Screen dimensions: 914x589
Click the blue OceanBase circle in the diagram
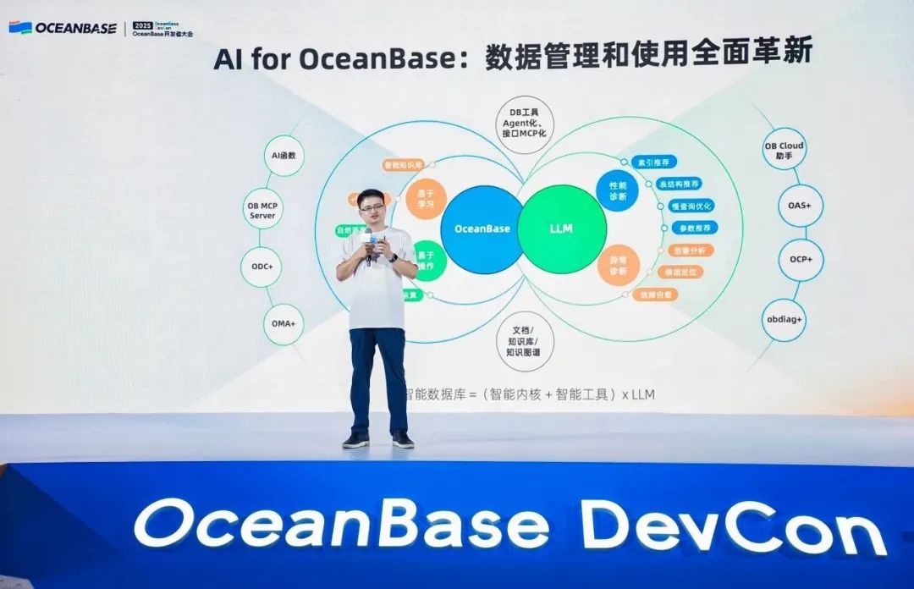coord(482,228)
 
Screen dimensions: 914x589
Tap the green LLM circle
coord(562,228)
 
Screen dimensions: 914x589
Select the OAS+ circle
coord(799,206)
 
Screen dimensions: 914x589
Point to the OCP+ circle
coord(799,260)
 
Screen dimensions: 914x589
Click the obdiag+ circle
coord(784,321)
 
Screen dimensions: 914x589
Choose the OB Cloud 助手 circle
coord(784,151)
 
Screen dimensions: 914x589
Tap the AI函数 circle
coord(284,157)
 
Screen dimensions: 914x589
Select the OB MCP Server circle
coord(262,211)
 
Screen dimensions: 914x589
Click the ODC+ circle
coord(262,267)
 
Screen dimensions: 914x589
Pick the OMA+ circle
coord(284,323)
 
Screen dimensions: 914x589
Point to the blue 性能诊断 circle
coord(618,190)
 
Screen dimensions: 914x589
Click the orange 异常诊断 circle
coord(618,265)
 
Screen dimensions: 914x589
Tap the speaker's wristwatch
coord(394,257)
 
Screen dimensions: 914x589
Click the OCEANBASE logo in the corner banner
coord(63,27)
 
